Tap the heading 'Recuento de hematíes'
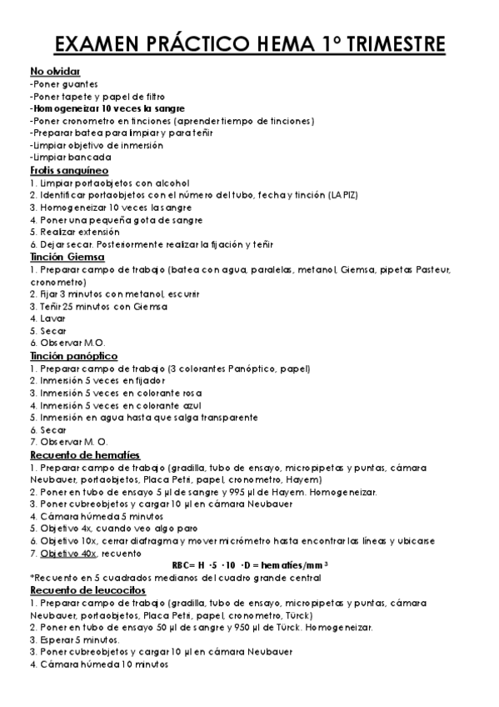pos(84,454)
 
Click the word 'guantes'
pos(82,84)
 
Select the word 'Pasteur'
pos(432,269)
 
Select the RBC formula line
pos(248,565)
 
